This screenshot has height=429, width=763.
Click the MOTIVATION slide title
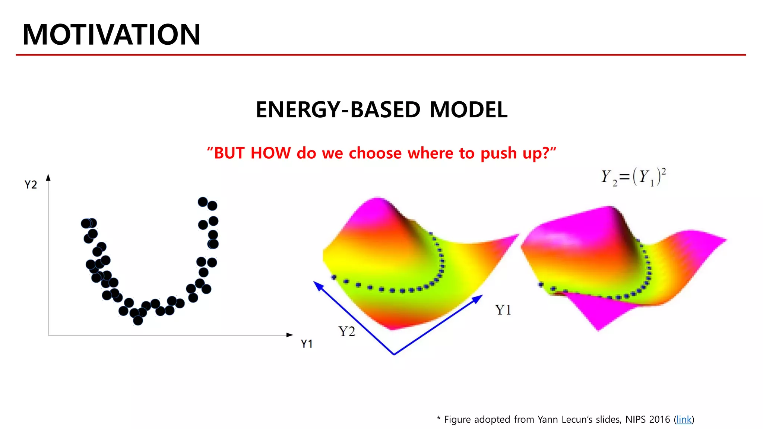pyautogui.click(x=111, y=35)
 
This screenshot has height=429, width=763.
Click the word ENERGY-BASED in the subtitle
pyautogui.click(x=338, y=110)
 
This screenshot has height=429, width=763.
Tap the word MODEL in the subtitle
pyautogui.click(x=468, y=110)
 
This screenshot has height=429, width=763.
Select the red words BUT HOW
pyautogui.click(x=252, y=153)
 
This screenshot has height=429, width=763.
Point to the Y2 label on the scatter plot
pyautogui.click(x=31, y=185)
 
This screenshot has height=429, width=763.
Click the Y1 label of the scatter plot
pyautogui.click(x=307, y=344)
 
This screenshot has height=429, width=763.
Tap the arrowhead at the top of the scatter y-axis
pyautogui.click(x=48, y=177)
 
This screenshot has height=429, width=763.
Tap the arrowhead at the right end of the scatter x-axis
pyautogui.click(x=289, y=335)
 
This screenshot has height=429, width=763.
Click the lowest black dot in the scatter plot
pyautogui.click(x=138, y=320)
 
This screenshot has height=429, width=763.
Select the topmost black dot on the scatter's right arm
pyautogui.click(x=203, y=202)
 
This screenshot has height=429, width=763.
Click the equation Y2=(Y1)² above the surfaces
pyautogui.click(x=633, y=177)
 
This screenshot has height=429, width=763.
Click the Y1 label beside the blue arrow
pyautogui.click(x=503, y=310)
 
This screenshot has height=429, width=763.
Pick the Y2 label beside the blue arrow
pyautogui.click(x=346, y=331)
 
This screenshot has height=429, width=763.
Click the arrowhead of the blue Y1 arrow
pyautogui.click(x=478, y=298)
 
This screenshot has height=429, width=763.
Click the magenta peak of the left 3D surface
pyautogui.click(x=378, y=203)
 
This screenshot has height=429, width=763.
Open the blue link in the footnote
pyautogui.click(x=684, y=419)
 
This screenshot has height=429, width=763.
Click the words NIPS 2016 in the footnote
pyautogui.click(x=648, y=419)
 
